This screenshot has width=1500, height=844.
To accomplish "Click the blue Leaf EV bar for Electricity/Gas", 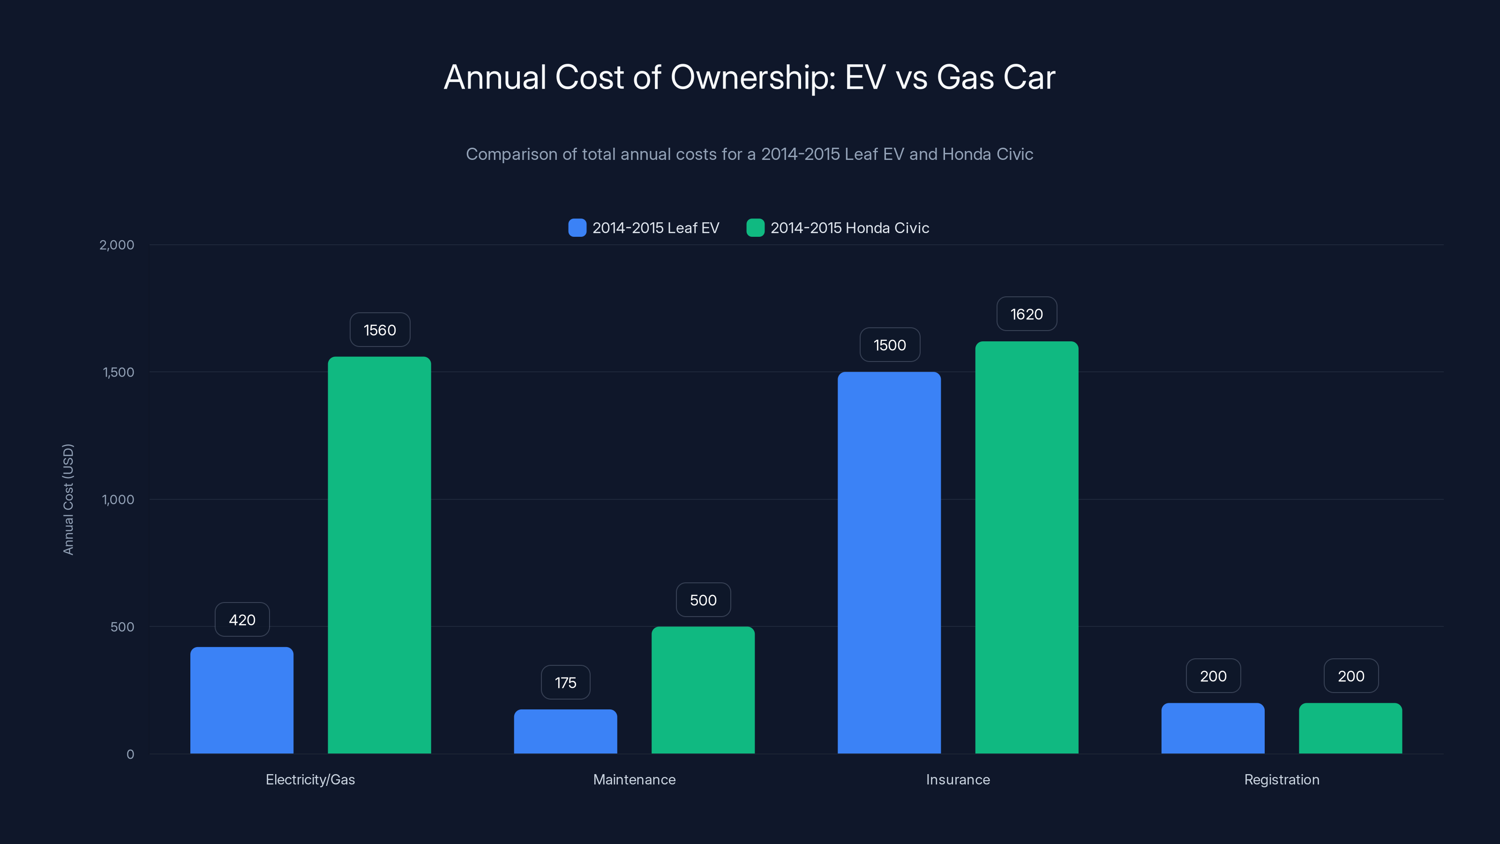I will [x=242, y=700].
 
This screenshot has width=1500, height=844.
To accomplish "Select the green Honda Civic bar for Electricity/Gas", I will [x=379, y=555].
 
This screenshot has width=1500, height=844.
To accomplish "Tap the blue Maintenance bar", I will [x=565, y=731].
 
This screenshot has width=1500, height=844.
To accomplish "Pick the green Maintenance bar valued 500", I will [x=703, y=690].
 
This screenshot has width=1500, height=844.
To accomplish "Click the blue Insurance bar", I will [x=889, y=563].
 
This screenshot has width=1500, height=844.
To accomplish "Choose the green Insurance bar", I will [x=1027, y=548].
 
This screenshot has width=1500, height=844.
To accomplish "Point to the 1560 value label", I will [x=380, y=330].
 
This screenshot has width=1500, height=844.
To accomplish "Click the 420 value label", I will [x=242, y=620].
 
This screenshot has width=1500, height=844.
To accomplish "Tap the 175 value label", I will [x=565, y=683].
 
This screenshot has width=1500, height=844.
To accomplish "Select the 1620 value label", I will [x=1027, y=315].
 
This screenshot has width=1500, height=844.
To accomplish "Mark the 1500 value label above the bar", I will [x=890, y=346].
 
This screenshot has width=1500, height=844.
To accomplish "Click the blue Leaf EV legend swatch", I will [x=577, y=228].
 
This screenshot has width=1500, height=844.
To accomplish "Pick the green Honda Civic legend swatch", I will [x=755, y=228].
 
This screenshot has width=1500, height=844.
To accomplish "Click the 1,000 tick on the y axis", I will [x=118, y=500].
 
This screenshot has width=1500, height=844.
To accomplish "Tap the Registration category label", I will [x=1282, y=780].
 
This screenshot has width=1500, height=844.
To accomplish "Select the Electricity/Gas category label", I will [x=310, y=780].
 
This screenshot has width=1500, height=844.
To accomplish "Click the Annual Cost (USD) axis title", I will [x=68, y=499].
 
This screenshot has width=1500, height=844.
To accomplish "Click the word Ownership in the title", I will [x=752, y=77].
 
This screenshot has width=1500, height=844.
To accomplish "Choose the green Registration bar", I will [x=1350, y=729].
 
